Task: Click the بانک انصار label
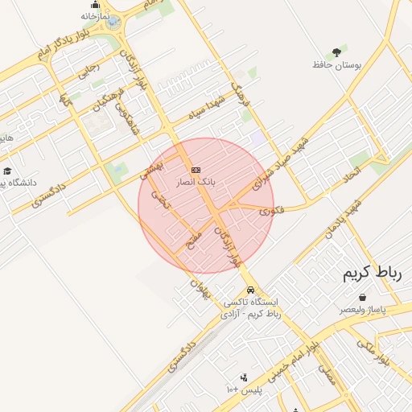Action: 196,183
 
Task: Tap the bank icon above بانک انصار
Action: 196,170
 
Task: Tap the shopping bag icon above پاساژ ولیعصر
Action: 362,297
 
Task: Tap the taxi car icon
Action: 251,290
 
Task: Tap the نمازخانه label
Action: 93,15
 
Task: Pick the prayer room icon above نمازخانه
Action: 93,4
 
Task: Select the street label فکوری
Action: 271,210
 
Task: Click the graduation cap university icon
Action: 7,171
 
